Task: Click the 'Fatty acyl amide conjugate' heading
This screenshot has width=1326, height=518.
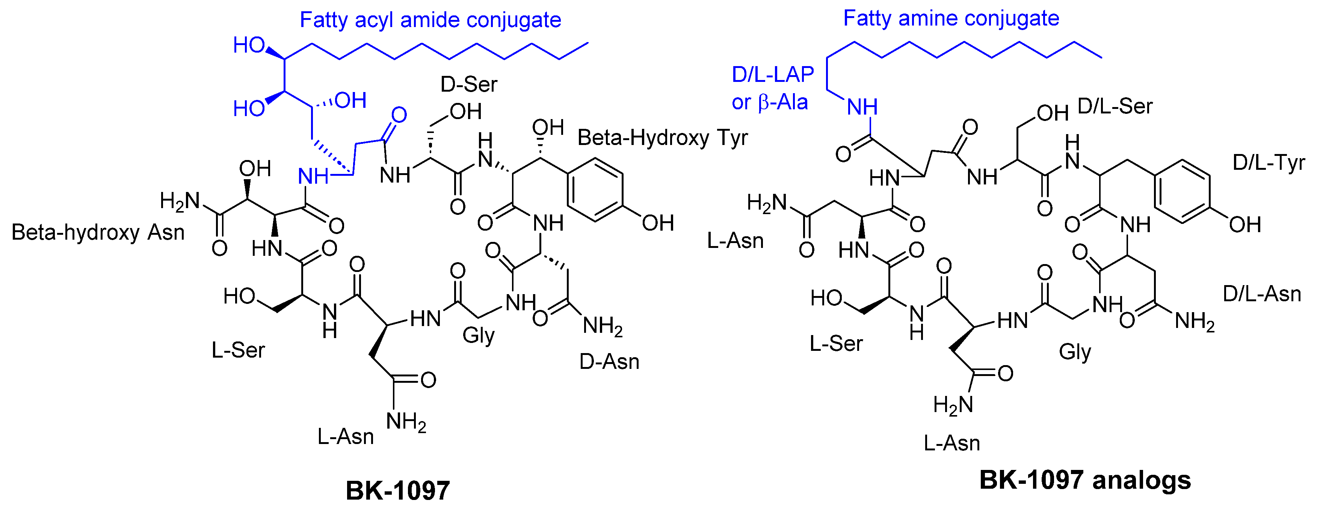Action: coord(430,20)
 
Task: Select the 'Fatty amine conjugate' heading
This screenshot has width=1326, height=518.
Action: coord(951,18)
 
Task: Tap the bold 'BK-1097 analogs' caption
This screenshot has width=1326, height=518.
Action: coord(1084,480)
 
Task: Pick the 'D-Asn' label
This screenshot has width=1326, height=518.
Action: coord(609,362)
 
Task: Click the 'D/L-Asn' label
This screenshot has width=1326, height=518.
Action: coord(1262,294)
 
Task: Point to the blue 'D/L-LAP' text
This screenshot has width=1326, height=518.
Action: coord(772,75)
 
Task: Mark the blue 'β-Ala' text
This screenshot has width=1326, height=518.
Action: coord(782,103)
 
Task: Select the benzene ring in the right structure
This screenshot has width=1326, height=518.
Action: coord(1181,191)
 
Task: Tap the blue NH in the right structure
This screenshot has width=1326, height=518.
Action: coord(862,107)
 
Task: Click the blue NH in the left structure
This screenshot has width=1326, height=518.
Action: coord(313,177)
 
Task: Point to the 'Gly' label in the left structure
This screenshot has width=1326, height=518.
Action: coord(478,335)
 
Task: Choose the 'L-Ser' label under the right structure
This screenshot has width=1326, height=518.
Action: coord(836,343)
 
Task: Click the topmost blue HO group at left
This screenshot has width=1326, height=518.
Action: coord(249,45)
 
